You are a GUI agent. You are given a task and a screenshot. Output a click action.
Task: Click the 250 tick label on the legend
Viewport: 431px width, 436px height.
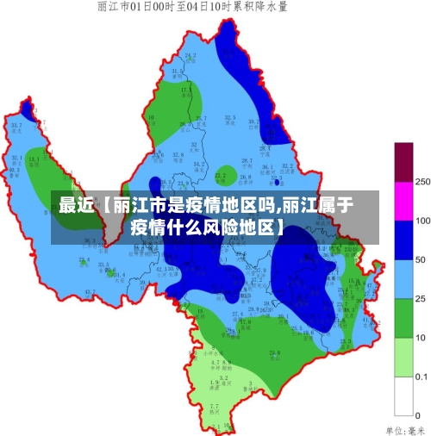pos(422,183)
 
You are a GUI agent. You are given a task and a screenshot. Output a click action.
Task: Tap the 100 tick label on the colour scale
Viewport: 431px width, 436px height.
pos(422,221)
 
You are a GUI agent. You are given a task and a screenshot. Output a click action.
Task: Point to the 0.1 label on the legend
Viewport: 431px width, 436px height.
pos(422,377)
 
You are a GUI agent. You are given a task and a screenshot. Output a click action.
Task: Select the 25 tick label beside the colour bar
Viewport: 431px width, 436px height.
pos(421,299)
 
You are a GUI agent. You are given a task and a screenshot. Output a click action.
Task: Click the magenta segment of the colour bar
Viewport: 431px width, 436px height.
pos(403,201)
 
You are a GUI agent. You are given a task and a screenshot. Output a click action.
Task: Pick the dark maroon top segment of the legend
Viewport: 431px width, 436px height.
pos(403,162)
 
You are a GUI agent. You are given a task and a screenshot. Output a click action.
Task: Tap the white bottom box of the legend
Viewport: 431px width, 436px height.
pos(403,396)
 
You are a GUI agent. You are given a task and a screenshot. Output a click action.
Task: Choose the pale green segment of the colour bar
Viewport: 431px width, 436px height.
pos(403,357)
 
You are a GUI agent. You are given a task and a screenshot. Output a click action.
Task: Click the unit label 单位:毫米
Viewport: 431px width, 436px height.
pos(405,428)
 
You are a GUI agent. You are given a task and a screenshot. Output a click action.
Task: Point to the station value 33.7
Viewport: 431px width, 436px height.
pos(16,125)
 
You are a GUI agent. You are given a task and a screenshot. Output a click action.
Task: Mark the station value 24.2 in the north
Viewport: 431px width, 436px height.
pos(190,56)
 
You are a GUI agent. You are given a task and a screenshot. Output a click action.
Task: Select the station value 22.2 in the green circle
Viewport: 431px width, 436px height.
pos(221,175)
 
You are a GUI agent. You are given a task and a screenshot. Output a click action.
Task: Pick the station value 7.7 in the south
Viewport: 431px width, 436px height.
pos(215,405)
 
